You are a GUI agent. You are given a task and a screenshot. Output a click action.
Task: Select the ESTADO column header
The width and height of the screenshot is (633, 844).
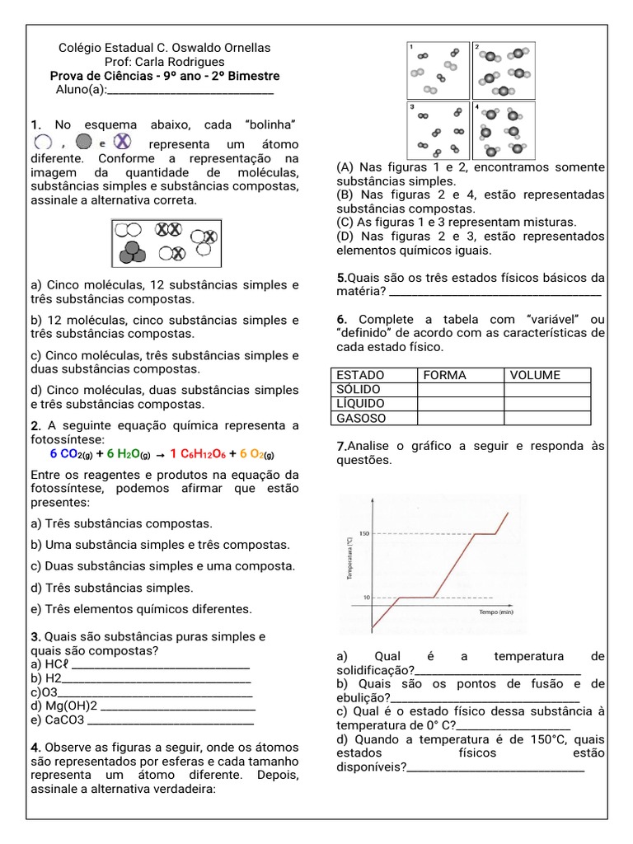tap(360, 375)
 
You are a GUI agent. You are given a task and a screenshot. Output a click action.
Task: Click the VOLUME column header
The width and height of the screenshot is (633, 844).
tap(535, 375)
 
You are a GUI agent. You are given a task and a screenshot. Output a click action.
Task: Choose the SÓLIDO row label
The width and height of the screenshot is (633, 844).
tap(359, 389)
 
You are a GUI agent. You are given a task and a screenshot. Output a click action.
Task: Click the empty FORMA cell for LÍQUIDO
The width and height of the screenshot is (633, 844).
tap(460, 404)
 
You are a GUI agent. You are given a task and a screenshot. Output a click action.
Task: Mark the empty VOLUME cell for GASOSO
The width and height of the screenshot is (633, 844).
tap(546, 418)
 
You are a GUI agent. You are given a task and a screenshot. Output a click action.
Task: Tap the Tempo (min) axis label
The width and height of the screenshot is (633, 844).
tap(496, 612)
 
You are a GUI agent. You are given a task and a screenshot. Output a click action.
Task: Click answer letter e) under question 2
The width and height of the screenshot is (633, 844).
tap(36, 609)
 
